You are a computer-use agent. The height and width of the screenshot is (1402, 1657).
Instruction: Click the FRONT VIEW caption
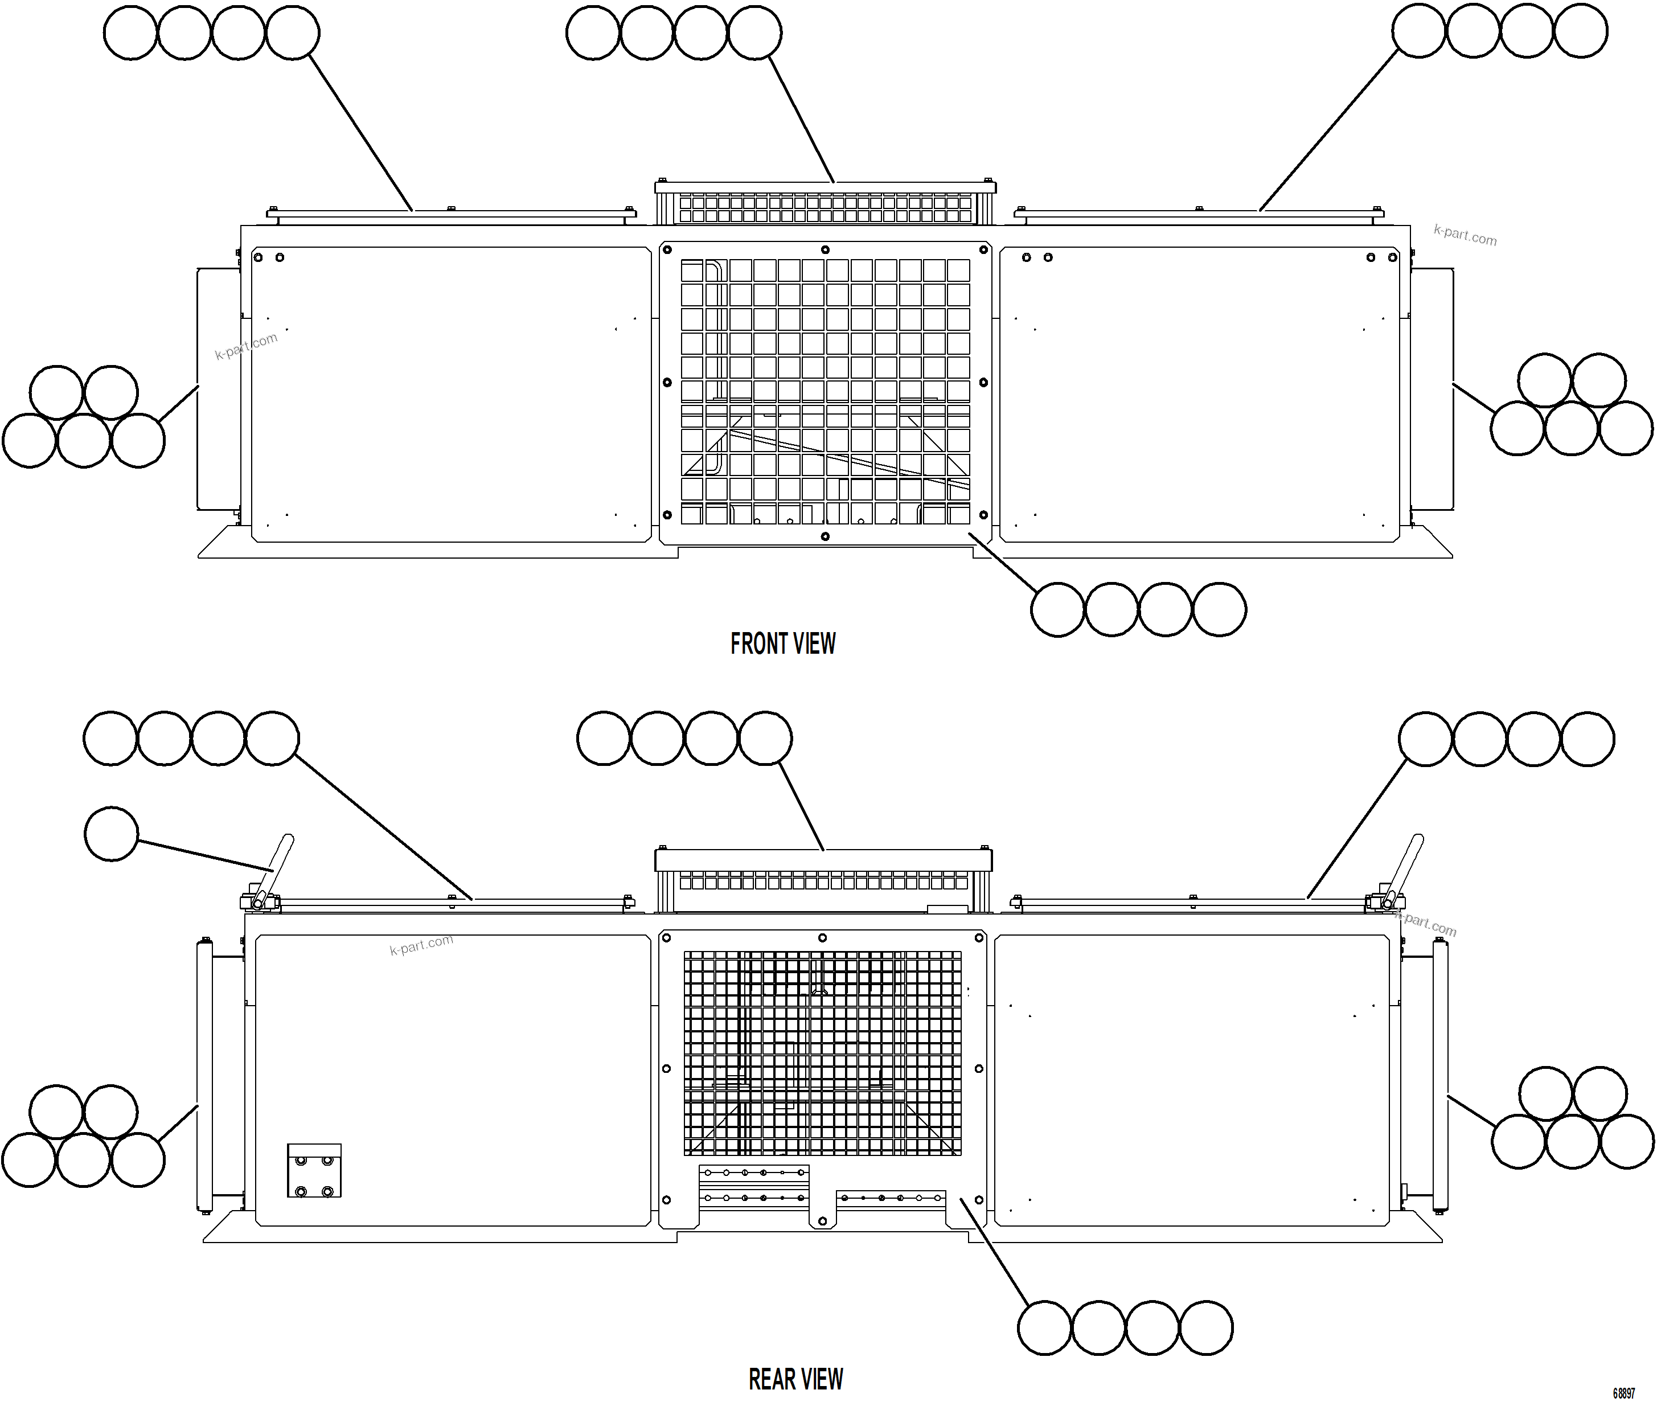[x=783, y=644]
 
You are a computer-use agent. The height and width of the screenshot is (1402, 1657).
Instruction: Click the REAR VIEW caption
[x=795, y=1379]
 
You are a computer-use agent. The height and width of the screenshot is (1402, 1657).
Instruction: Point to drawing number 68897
[x=1623, y=1393]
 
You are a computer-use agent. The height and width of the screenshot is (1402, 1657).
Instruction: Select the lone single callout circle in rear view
[x=111, y=834]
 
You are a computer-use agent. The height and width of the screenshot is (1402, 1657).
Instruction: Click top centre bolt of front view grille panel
[x=825, y=249]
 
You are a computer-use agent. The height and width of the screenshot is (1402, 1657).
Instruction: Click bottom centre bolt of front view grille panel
[x=825, y=536]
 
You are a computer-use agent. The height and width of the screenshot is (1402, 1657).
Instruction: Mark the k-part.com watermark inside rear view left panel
[x=421, y=944]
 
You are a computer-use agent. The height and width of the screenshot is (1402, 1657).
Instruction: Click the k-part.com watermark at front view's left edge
[x=247, y=345]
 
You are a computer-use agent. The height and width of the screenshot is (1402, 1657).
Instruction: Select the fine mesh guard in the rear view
[x=823, y=1053]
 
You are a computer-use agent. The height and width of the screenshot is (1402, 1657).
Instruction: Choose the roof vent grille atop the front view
[x=825, y=209]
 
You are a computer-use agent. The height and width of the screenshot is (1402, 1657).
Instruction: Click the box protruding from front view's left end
[x=219, y=388]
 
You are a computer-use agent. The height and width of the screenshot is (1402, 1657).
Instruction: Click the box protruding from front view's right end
[x=1432, y=388]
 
